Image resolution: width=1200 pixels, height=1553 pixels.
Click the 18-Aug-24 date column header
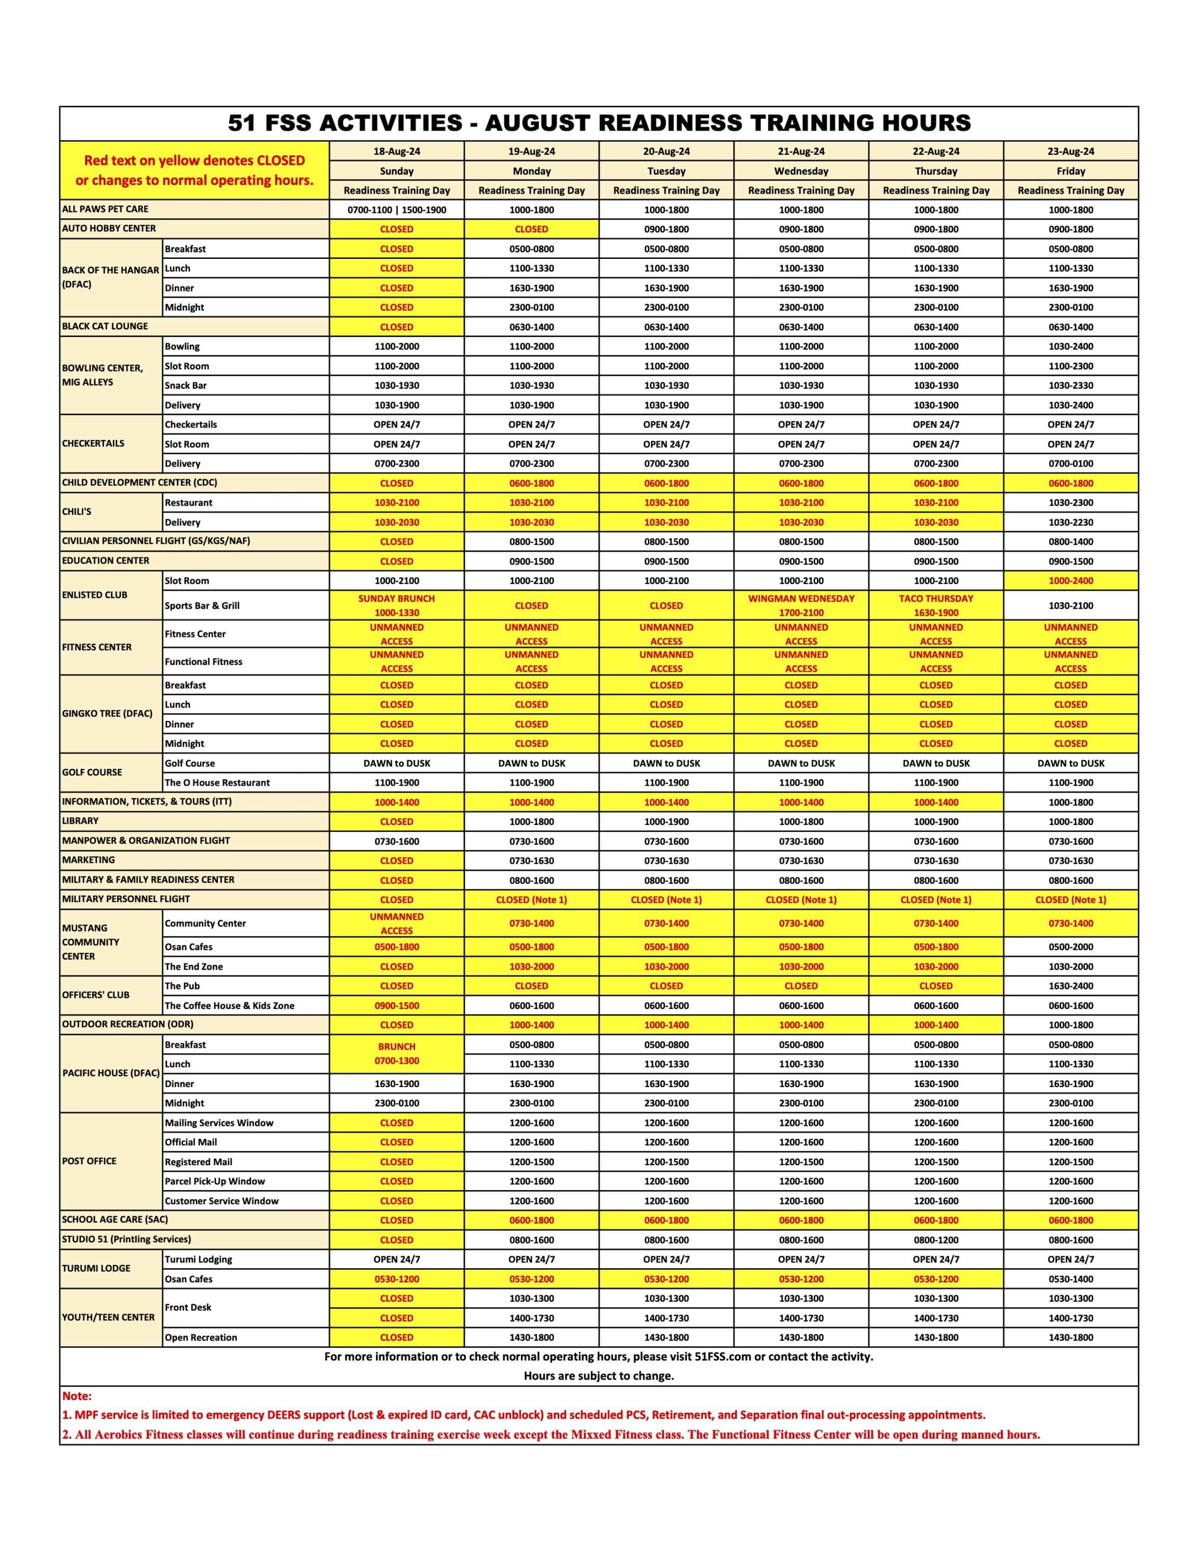coord(396,152)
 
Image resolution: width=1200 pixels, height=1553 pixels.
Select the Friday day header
coord(1070,170)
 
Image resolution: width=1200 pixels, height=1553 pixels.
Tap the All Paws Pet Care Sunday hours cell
coord(396,210)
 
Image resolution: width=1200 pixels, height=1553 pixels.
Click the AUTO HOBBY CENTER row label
coord(109,228)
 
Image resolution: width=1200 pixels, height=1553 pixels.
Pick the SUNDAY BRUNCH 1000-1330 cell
coord(396,605)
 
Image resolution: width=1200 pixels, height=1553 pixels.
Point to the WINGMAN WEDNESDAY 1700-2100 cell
coord(800,605)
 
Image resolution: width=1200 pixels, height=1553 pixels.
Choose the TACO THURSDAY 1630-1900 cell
coord(935,605)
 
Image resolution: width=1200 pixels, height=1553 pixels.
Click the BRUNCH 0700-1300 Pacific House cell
coord(396,1053)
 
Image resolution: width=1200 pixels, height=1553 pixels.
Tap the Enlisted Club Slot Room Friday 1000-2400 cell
coord(1070,580)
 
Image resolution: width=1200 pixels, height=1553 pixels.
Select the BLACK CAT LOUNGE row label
coord(105,326)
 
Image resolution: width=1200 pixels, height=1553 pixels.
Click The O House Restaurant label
coord(217,782)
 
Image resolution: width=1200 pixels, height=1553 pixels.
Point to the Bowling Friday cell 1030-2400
coord(1070,346)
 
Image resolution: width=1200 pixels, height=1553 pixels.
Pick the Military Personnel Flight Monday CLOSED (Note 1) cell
coord(531,899)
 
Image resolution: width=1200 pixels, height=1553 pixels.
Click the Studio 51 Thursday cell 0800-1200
coord(935,1239)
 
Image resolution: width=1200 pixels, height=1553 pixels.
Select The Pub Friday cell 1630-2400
coord(1070,986)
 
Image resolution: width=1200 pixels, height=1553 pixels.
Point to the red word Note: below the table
coord(77,1396)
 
